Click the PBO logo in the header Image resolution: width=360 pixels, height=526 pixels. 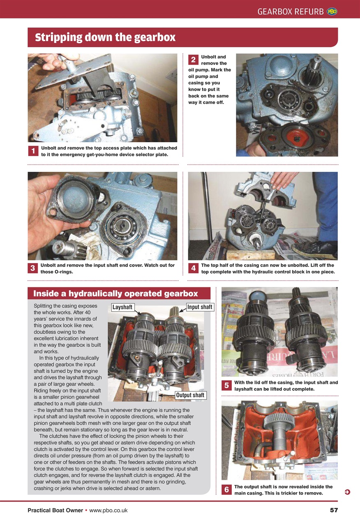tap(332, 12)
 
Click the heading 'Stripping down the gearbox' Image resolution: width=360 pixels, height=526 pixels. tap(105, 38)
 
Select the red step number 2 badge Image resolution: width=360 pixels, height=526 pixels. tap(193, 60)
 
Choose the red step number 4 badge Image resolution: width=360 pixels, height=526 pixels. tap(193, 268)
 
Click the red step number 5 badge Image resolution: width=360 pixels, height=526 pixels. tap(226, 385)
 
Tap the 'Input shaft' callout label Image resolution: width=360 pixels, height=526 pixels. tap(200, 307)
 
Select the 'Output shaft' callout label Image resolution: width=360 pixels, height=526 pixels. tap(190, 395)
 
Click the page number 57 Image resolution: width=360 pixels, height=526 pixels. tap(334, 510)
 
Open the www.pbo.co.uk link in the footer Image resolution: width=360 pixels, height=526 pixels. tap(108, 510)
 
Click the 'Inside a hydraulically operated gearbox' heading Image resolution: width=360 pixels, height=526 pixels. tap(115, 294)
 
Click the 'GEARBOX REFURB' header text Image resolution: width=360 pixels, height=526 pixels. tap(290, 12)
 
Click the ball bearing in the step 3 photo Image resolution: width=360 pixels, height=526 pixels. tap(123, 225)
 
